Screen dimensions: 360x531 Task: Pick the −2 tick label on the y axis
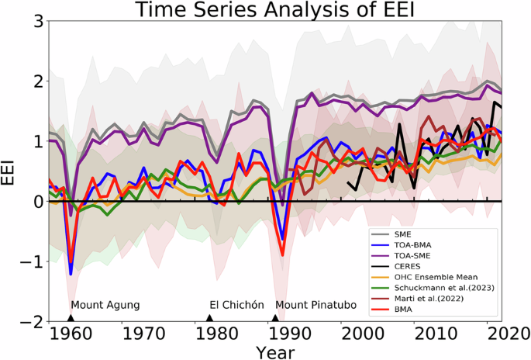[31, 321]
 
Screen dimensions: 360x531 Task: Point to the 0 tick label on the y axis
[36, 201]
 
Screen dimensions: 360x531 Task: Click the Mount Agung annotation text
[105, 305]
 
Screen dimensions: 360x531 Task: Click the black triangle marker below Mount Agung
[71, 317]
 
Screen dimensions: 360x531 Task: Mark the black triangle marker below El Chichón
[209, 317]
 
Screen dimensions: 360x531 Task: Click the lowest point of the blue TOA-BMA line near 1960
[71, 274]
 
